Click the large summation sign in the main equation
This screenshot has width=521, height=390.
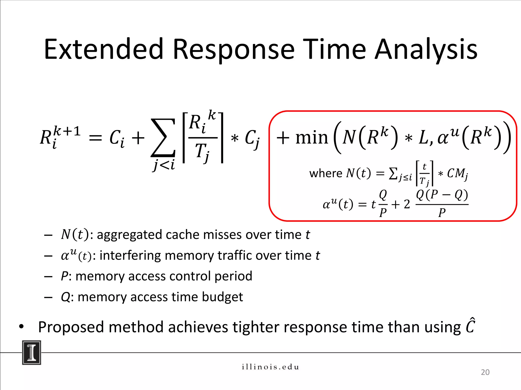(163, 138)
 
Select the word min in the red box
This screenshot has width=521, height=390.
(312, 138)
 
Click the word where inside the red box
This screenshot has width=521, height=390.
(325, 173)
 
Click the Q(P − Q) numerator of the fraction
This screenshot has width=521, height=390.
(442, 195)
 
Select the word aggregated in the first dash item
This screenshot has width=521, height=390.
(130, 234)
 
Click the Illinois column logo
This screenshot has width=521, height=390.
(32, 353)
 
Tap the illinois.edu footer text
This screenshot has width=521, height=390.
(270, 367)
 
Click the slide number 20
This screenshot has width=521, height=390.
(485, 372)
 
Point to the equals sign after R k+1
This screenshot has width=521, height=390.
(95, 139)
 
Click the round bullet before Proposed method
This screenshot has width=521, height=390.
(21, 327)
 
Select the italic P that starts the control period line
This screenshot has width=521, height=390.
(64, 276)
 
